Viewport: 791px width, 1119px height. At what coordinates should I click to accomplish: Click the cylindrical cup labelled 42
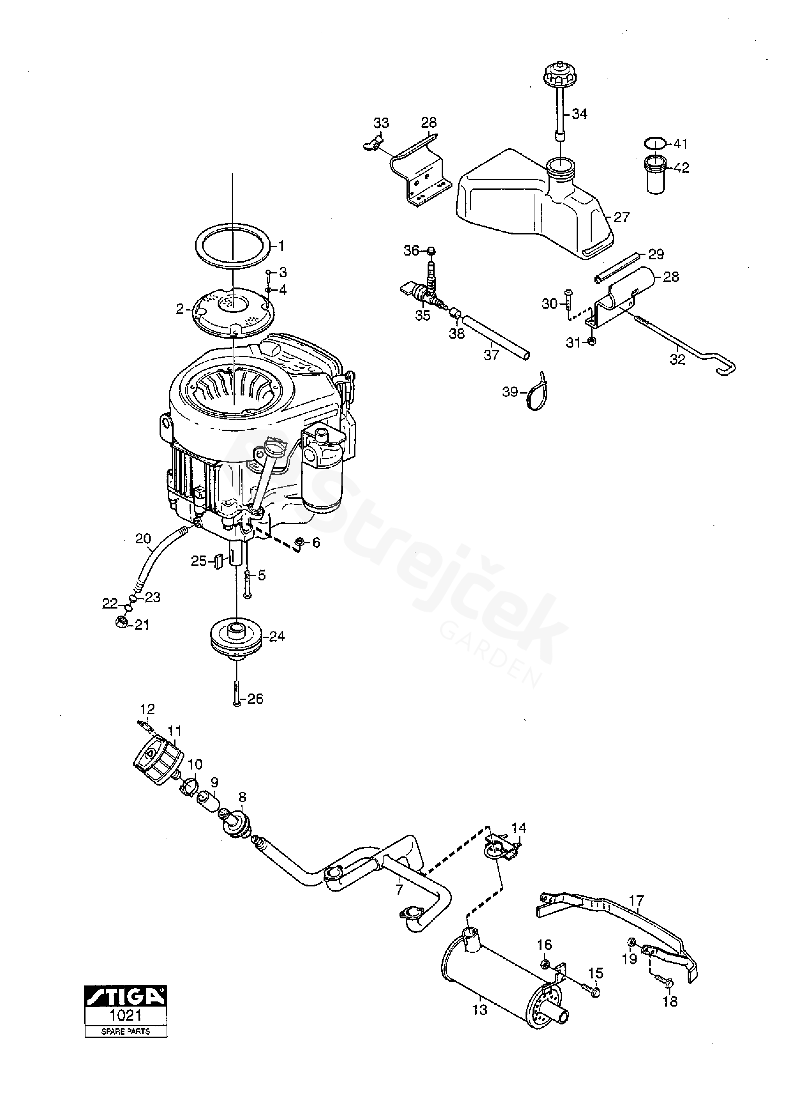[656, 174]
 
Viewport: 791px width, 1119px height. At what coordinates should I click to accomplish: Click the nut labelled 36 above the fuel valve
[430, 251]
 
